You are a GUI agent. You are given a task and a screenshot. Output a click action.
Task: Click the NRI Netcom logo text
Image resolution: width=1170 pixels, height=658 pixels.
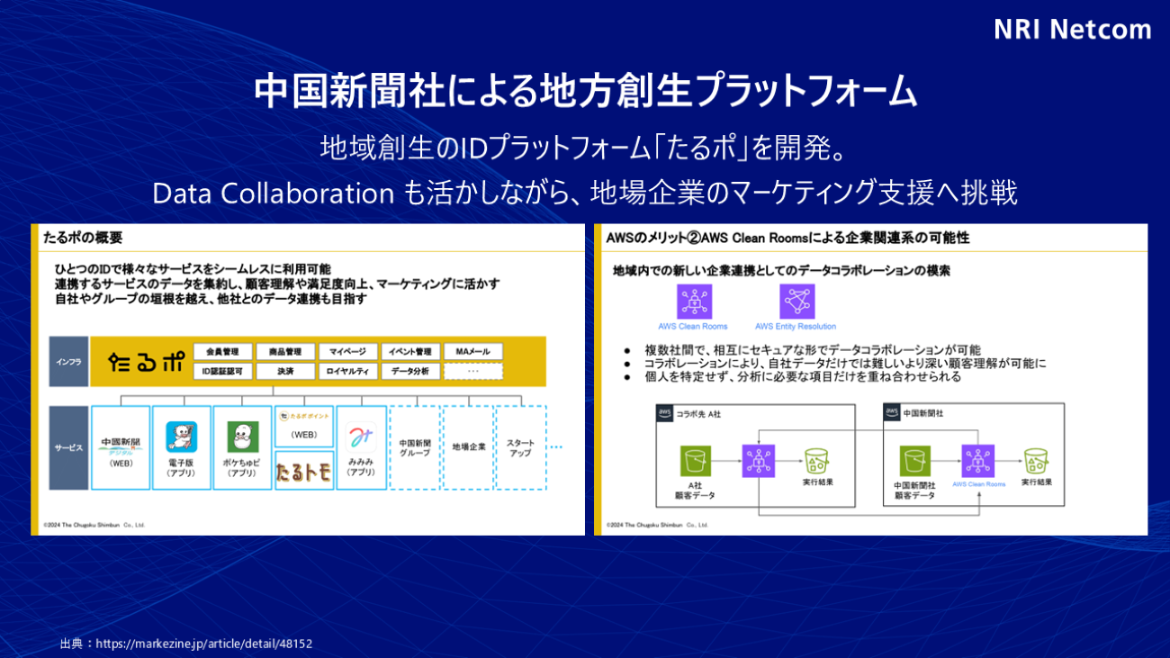click(x=1072, y=30)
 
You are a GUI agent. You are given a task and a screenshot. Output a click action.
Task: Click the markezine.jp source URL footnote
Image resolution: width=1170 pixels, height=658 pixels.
click(x=186, y=644)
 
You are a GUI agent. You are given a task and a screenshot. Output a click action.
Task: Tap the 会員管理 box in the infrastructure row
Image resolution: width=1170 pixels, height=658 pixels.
click(x=222, y=351)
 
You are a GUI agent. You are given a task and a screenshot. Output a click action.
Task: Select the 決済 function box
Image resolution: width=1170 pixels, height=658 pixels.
click(x=285, y=371)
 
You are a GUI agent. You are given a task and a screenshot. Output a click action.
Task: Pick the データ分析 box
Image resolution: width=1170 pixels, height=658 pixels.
click(x=409, y=371)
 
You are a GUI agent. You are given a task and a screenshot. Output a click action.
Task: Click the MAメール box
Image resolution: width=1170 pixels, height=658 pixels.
click(x=472, y=351)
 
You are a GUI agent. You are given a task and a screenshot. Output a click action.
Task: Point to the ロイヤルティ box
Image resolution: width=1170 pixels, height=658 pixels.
click(x=346, y=371)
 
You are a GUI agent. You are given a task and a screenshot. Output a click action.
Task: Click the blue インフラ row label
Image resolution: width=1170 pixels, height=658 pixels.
click(x=68, y=361)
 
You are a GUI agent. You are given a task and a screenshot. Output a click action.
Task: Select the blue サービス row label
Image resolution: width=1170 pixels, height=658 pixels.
click(x=68, y=447)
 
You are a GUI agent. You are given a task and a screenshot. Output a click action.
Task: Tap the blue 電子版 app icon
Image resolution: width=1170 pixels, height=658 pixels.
click(x=181, y=437)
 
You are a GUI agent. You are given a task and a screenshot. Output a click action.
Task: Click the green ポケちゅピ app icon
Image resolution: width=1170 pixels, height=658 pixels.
click(x=242, y=437)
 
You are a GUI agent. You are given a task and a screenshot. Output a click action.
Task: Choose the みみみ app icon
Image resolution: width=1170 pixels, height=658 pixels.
click(x=361, y=440)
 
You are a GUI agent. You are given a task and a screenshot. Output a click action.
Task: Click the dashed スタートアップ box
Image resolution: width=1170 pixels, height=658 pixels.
click(x=520, y=447)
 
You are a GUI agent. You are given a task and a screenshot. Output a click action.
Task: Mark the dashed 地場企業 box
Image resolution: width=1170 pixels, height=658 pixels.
click(x=469, y=447)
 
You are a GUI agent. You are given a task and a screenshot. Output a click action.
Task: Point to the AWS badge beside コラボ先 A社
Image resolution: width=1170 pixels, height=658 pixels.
click(x=665, y=411)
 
